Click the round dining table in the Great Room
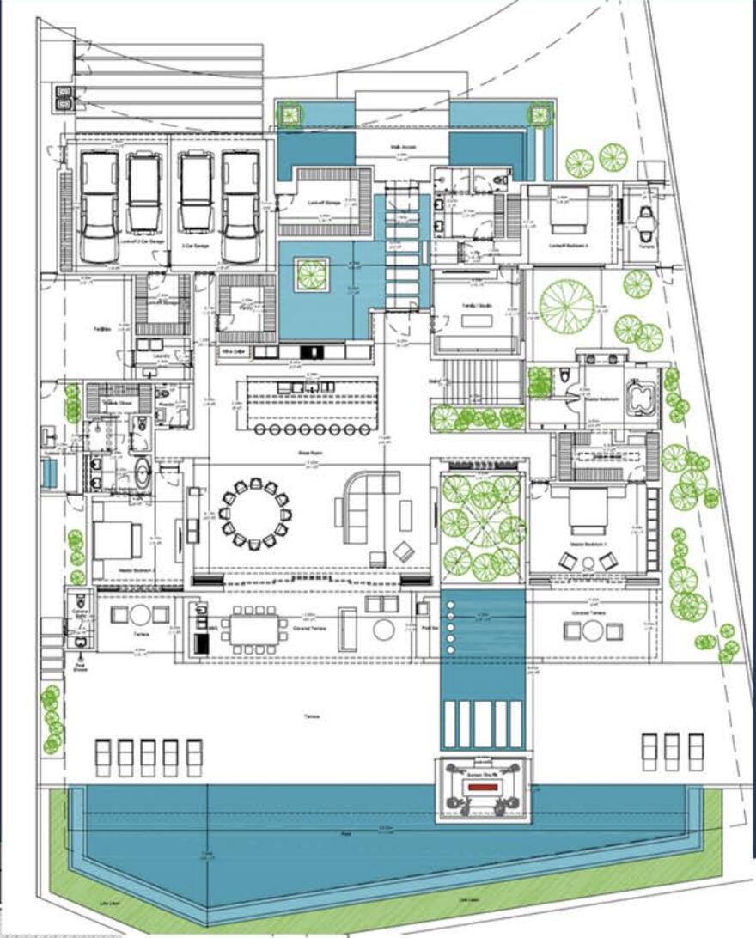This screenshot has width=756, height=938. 256,514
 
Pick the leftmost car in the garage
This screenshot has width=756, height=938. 99,206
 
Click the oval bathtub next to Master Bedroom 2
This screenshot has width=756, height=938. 141,472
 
